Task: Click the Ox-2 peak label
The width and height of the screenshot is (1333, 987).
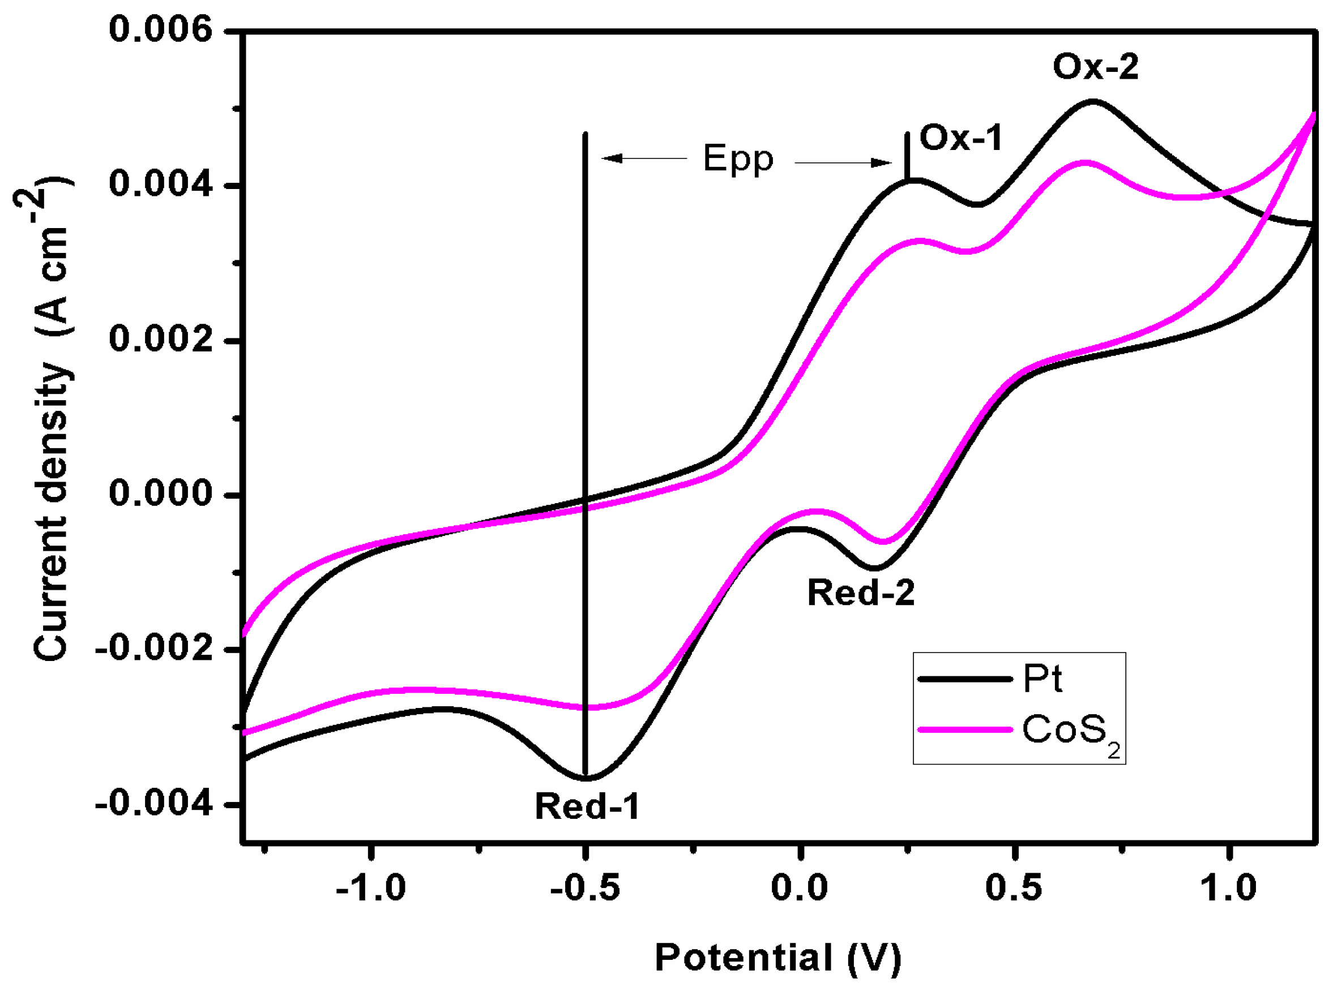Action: pos(1095,67)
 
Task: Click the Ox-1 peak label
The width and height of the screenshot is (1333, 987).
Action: pos(960,138)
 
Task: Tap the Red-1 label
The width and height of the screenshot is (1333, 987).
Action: pos(587,806)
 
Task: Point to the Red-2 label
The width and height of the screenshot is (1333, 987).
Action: pos(861,593)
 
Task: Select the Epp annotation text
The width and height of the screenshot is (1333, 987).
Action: pos(738,159)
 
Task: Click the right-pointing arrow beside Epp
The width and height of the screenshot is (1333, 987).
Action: pos(843,162)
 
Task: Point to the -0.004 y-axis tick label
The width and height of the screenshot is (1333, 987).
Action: pos(154,804)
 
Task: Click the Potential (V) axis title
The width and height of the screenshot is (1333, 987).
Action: pos(777,958)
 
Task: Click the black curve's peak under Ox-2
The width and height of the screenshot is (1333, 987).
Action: pos(1093,101)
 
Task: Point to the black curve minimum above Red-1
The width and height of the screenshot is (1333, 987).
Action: pos(587,779)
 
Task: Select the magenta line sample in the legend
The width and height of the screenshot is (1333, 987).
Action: pos(964,729)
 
